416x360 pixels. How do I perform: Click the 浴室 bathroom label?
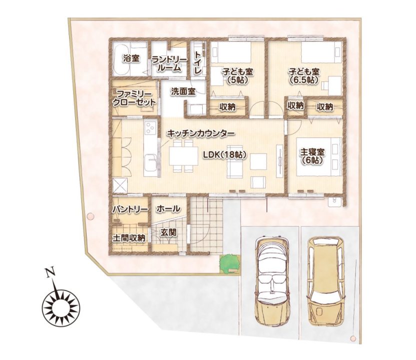click(x=131, y=58)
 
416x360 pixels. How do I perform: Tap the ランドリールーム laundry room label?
click(x=169, y=64)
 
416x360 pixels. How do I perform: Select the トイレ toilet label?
click(x=198, y=62)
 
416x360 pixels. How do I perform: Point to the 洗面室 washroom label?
click(x=183, y=91)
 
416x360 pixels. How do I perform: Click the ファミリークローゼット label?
click(x=134, y=98)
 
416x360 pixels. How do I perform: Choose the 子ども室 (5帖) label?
click(x=237, y=76)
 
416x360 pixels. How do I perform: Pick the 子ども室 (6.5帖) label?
click(x=304, y=76)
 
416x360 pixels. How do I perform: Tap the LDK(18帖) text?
click(x=224, y=155)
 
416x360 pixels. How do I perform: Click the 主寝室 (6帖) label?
click(x=312, y=156)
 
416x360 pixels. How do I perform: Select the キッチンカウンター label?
click(x=201, y=133)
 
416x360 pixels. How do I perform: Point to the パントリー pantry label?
click(x=130, y=209)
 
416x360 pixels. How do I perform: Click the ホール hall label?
click(x=168, y=209)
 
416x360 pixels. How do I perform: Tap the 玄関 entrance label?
click(x=168, y=232)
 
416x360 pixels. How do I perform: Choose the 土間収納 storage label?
click(x=129, y=238)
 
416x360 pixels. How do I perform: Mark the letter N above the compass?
click(x=49, y=272)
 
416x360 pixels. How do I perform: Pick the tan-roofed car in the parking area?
click(x=326, y=281)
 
